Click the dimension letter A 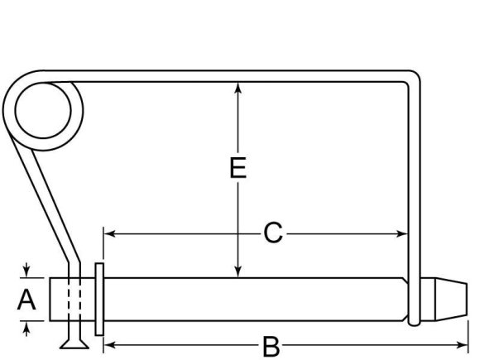pos(27,300)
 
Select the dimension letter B pos(270,345)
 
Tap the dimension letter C pos(273,234)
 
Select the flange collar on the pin pos(99,300)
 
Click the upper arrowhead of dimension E pos(238,86)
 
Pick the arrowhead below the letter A pos(27,329)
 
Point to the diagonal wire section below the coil pos(50,207)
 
